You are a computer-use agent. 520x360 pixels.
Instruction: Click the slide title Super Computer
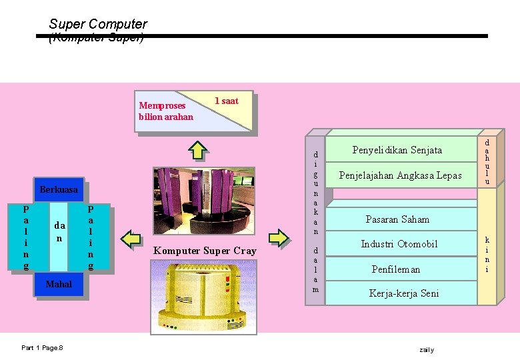coord(98,24)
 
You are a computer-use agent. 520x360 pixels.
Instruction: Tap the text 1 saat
coord(226,101)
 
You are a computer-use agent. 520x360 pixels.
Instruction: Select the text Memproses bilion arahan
coord(165,111)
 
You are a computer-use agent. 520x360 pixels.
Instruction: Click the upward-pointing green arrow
coord(197,150)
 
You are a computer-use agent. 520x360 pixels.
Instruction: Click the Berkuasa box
coord(59,190)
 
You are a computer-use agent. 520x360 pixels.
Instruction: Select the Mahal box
coord(59,285)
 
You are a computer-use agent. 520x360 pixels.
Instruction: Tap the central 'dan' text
coord(59,231)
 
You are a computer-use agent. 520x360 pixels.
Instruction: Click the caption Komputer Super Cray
coord(204,251)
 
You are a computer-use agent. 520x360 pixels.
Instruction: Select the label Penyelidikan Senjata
coord(397,150)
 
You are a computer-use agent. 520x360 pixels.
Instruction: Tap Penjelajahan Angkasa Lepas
coord(400,175)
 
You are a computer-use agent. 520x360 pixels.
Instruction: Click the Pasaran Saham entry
coord(397,219)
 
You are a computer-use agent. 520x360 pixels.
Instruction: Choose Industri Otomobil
coord(399,244)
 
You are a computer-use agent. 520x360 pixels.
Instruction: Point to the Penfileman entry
coord(396,269)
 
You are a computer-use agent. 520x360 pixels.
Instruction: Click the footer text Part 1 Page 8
coord(42,348)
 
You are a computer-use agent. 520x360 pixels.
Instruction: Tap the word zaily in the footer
coord(427,349)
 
